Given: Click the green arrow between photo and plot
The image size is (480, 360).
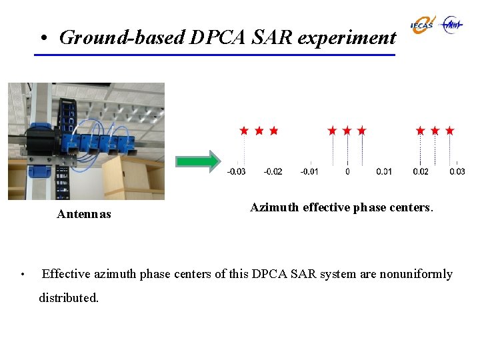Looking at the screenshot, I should [x=197, y=161].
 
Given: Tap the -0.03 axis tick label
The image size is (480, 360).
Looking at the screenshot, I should [x=236, y=172].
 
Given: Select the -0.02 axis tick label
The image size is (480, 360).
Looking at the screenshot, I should [x=273, y=172].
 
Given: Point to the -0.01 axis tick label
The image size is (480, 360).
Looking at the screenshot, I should [x=309, y=172].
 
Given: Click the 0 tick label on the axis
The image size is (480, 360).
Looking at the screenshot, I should [x=347, y=172].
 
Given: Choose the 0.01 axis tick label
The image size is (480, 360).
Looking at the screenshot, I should [x=384, y=172].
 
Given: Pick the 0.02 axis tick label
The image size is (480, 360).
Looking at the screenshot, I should [x=421, y=172].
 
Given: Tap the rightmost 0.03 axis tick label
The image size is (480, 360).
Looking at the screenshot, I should [x=457, y=172].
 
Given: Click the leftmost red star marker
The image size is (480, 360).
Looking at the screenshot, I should [x=244, y=131].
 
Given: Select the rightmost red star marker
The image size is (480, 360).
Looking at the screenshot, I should [x=450, y=131].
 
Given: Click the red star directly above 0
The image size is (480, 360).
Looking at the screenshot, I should [x=347, y=131].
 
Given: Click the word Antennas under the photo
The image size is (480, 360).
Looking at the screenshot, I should [x=84, y=215].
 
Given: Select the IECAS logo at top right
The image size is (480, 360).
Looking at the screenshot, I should [x=422, y=25].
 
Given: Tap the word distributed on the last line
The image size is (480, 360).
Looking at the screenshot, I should [x=68, y=298].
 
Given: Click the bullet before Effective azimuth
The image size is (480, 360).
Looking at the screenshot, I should [x=23, y=275].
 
